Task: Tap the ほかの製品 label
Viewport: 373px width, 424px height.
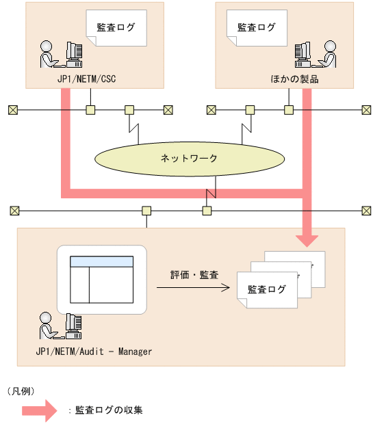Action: (x=294, y=79)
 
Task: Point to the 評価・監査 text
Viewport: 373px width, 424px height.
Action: (x=194, y=275)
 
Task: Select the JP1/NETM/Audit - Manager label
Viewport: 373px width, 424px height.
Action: (x=93, y=352)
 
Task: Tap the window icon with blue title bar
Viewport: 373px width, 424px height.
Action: (x=102, y=279)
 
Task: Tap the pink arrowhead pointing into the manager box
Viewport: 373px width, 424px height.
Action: (x=307, y=239)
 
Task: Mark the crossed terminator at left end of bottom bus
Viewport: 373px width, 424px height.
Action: (x=14, y=210)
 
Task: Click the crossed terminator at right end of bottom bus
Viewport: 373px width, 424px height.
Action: (x=363, y=210)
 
